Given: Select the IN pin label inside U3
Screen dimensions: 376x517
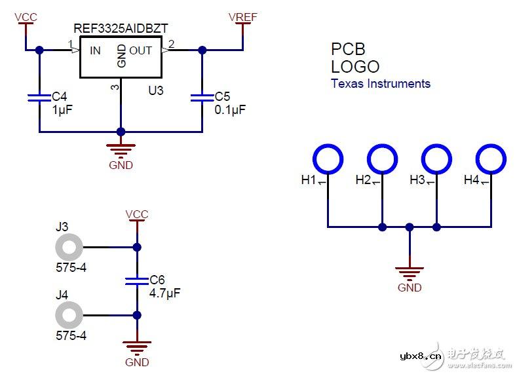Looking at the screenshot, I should point(95,50).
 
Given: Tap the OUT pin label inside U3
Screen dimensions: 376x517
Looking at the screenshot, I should point(140,50).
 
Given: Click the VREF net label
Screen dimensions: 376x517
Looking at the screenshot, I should point(242,16).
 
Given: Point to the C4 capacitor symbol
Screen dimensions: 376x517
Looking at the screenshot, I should point(39,98).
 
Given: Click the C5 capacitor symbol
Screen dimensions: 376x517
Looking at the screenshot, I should point(202,98).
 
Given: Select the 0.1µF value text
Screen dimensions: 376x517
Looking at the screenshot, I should point(230,110).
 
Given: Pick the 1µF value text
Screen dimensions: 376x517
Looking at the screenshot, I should point(62,110).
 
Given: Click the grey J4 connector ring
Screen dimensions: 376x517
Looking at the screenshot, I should point(69,315).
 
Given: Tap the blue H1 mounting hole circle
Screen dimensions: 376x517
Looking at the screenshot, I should point(328,158).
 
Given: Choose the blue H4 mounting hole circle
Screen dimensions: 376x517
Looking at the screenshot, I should point(491,158).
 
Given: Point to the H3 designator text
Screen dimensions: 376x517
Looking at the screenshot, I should point(417,179).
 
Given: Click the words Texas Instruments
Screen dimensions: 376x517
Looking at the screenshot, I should point(381,83).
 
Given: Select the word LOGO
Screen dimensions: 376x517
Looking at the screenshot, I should point(355,66).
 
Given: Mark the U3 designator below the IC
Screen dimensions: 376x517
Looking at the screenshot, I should point(155,91).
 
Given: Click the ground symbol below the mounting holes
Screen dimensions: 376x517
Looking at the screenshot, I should point(410,271).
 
